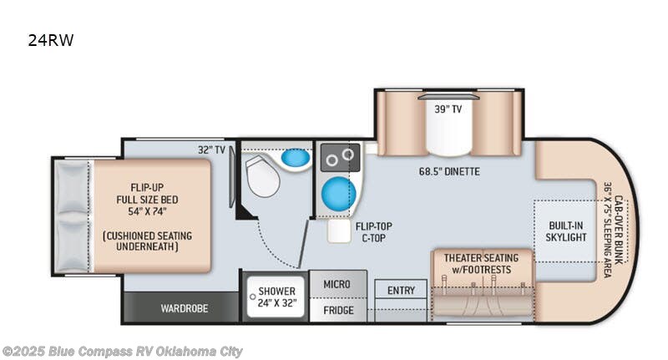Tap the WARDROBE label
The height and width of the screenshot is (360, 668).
pos(184,308)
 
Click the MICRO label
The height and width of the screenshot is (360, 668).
pos(337,284)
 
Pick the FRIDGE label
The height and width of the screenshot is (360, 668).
pos(337,311)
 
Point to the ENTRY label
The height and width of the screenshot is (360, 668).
pos(401,291)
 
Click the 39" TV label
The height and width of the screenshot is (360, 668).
pos(448,109)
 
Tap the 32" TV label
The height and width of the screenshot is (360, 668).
pos(212,150)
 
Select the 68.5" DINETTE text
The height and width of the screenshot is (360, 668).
pos(452,172)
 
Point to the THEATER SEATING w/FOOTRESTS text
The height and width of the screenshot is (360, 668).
pos(480,263)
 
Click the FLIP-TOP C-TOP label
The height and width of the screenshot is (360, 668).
pos(372,231)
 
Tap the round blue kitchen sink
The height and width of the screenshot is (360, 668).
pos(338,191)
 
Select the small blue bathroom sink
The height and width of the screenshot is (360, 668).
pos(294,158)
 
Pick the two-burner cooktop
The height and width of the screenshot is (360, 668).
pos(340,156)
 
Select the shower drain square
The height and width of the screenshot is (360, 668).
pos(255,294)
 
